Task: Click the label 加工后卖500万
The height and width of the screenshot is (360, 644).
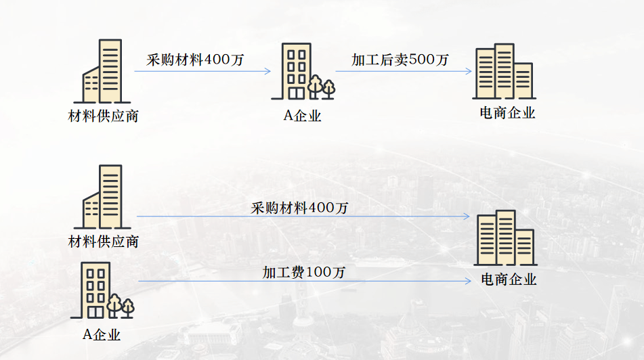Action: (400, 60)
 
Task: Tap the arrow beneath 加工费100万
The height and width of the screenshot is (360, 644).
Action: (304, 282)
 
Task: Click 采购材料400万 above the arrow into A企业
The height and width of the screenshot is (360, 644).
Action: (195, 60)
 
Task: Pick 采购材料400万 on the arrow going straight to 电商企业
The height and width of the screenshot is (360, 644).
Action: (299, 207)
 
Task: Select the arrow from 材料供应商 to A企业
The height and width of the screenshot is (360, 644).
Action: (202, 71)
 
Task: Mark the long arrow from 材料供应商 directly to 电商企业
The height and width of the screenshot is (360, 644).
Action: (303, 217)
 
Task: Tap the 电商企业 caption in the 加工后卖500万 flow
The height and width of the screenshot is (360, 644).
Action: (507, 114)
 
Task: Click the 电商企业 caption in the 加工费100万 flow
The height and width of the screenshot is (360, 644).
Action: (509, 279)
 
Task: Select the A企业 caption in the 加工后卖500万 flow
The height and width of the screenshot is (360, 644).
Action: (302, 116)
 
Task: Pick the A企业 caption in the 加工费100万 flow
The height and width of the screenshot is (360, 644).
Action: (102, 334)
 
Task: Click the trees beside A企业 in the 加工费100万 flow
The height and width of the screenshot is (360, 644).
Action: (121, 306)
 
